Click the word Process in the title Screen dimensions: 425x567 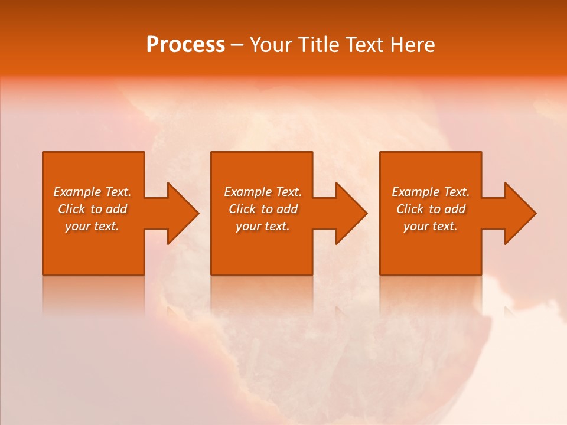(x=185, y=45)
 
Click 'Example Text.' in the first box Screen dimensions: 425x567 (x=92, y=192)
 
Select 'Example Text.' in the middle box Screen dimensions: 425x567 (x=263, y=192)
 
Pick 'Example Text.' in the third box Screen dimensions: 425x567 (x=431, y=192)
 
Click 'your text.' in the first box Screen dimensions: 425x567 (x=92, y=226)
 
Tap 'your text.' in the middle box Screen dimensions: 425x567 (x=263, y=226)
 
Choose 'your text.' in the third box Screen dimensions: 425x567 (x=431, y=226)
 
